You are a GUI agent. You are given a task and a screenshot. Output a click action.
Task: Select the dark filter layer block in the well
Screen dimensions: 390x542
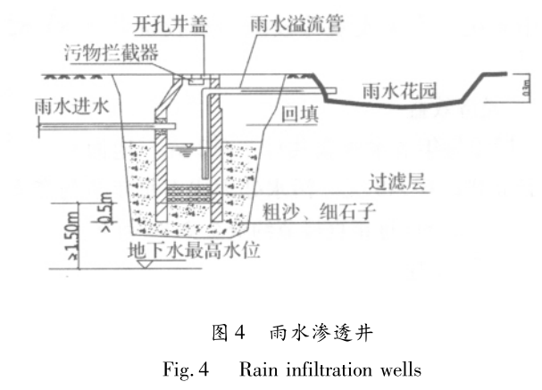coord(187,189)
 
